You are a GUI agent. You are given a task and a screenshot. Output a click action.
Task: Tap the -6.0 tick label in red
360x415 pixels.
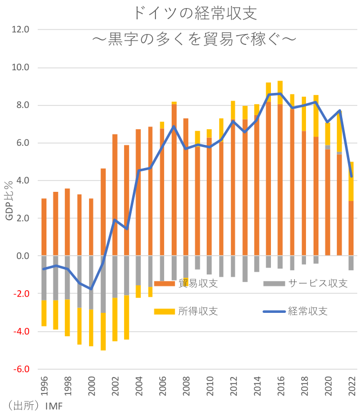click(x=19, y=369)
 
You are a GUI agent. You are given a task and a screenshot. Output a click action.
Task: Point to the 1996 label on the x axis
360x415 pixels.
click(x=44, y=389)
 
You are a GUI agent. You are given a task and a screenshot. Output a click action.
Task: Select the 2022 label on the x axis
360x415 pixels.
click(x=351, y=389)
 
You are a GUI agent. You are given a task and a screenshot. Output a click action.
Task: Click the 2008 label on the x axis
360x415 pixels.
click(x=186, y=389)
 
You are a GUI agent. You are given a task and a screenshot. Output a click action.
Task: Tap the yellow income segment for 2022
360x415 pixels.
click(x=351, y=181)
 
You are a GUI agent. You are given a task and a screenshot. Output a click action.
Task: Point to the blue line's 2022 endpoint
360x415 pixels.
click(x=351, y=176)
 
